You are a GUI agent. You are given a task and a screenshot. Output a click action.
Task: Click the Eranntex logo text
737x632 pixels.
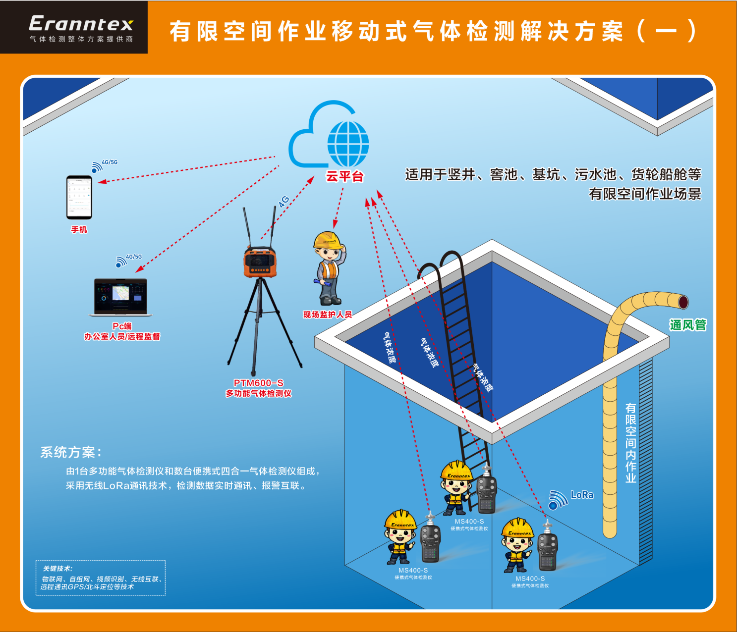[81, 24]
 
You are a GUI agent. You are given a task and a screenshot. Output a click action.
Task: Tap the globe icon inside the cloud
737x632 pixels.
[348, 144]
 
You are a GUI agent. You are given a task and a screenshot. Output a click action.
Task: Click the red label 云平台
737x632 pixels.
[344, 176]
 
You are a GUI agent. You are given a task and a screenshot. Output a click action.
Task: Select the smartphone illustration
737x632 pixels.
[79, 197]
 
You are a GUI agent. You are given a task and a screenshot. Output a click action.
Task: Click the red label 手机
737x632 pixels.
[79, 230]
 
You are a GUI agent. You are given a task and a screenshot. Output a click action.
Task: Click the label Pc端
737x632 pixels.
[122, 326]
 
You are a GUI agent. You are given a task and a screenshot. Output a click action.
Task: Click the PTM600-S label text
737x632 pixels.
[258, 383]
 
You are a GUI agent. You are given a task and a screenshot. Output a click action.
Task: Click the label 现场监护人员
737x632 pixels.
[327, 315]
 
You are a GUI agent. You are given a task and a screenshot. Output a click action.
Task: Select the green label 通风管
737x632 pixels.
[687, 325]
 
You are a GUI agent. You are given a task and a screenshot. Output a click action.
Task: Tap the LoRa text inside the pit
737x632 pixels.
[582, 495]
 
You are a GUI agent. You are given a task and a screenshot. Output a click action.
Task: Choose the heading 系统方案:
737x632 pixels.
[71, 452]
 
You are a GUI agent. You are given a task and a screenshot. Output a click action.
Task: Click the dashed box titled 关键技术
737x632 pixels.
[101, 578]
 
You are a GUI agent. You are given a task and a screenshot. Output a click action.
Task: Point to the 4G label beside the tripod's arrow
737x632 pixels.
[283, 202]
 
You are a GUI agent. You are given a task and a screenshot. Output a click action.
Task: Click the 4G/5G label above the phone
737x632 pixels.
[110, 162]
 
